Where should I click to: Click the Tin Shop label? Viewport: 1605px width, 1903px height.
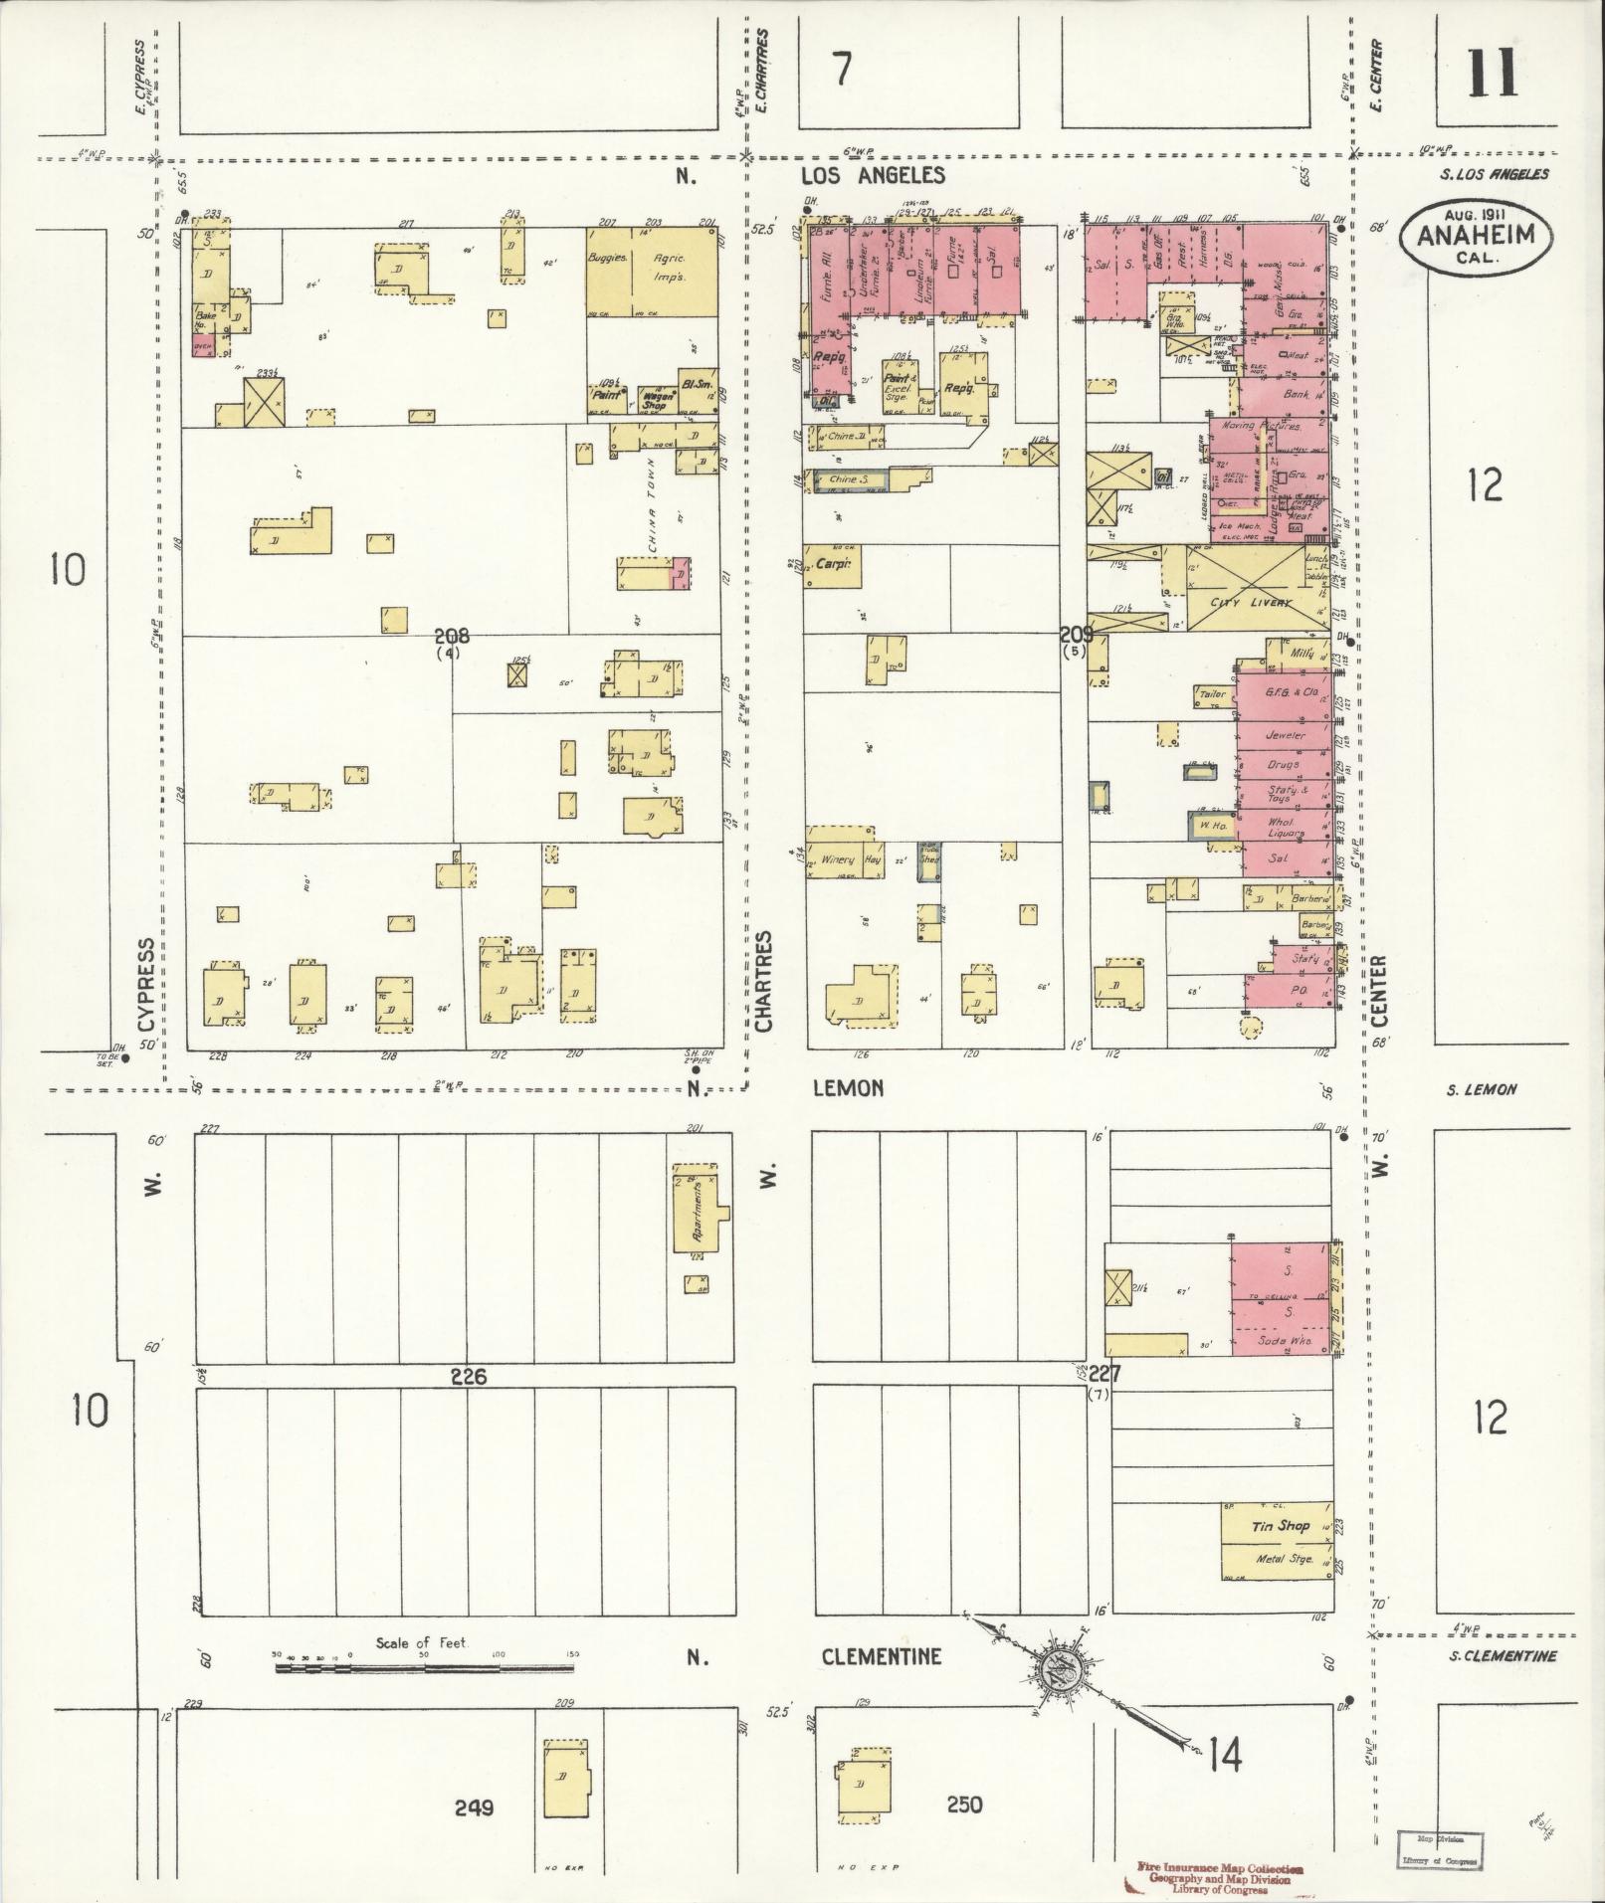click(x=1280, y=1525)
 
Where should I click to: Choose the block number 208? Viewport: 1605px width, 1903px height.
click(x=458, y=637)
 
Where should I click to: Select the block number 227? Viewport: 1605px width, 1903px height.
click(x=1104, y=1375)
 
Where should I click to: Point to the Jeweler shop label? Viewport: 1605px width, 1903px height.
click(x=1285, y=735)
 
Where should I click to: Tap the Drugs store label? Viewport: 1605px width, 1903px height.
click(x=1284, y=765)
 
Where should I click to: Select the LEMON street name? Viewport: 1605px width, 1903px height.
click(x=848, y=1088)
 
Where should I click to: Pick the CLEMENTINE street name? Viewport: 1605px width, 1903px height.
click(x=881, y=1657)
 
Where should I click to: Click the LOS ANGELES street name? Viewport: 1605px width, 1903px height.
click(x=873, y=176)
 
